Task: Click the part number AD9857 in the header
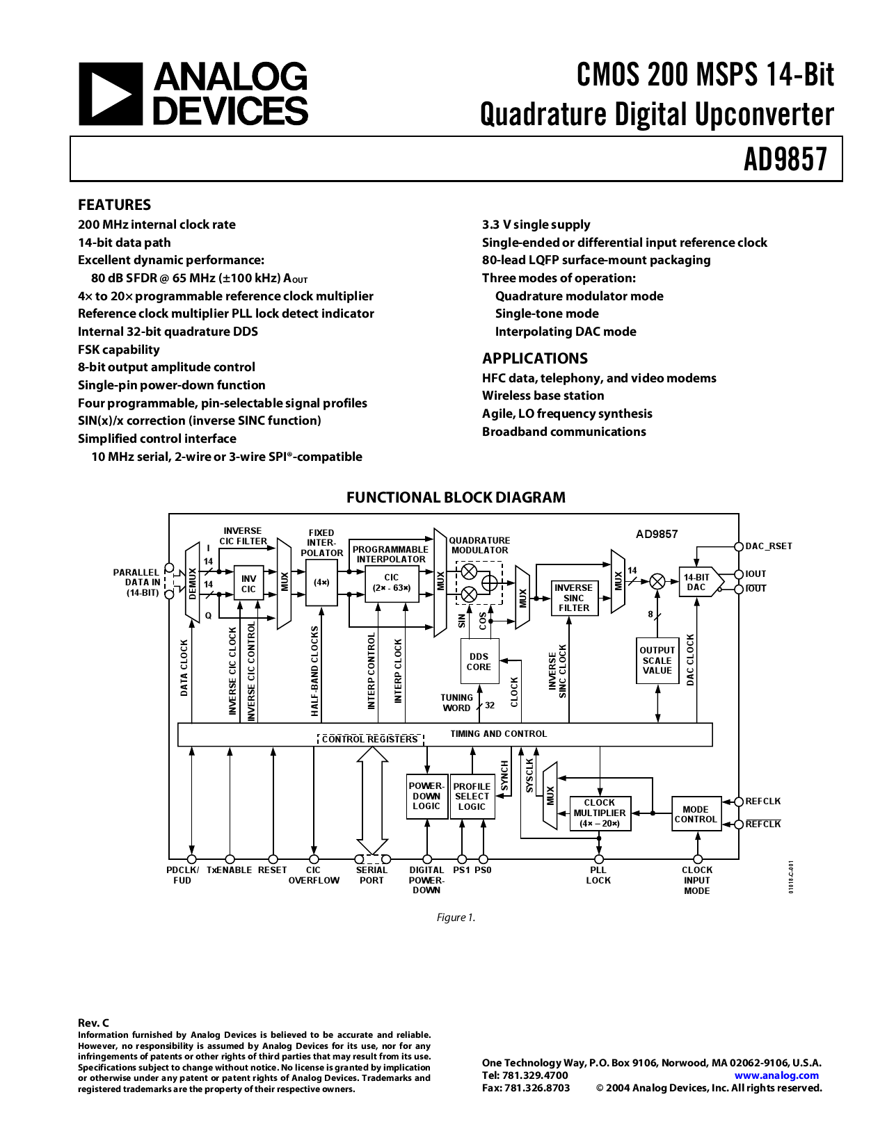(x=785, y=159)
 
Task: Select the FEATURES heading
(x=114, y=205)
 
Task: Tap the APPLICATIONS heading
(x=534, y=359)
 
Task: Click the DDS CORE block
(x=479, y=662)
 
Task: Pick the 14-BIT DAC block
(x=698, y=583)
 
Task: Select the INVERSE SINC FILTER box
(x=573, y=598)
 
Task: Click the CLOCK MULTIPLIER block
(x=600, y=813)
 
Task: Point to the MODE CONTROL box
(x=696, y=814)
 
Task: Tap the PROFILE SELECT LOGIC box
(x=472, y=797)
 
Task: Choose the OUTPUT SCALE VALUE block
(x=657, y=660)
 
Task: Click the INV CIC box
(x=248, y=584)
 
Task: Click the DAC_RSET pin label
(x=769, y=546)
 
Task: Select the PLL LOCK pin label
(x=598, y=875)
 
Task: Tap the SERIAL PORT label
(x=371, y=875)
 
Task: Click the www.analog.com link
(x=776, y=1075)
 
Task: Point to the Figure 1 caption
(x=456, y=918)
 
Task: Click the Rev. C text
(x=93, y=1023)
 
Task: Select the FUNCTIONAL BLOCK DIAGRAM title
(x=456, y=498)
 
